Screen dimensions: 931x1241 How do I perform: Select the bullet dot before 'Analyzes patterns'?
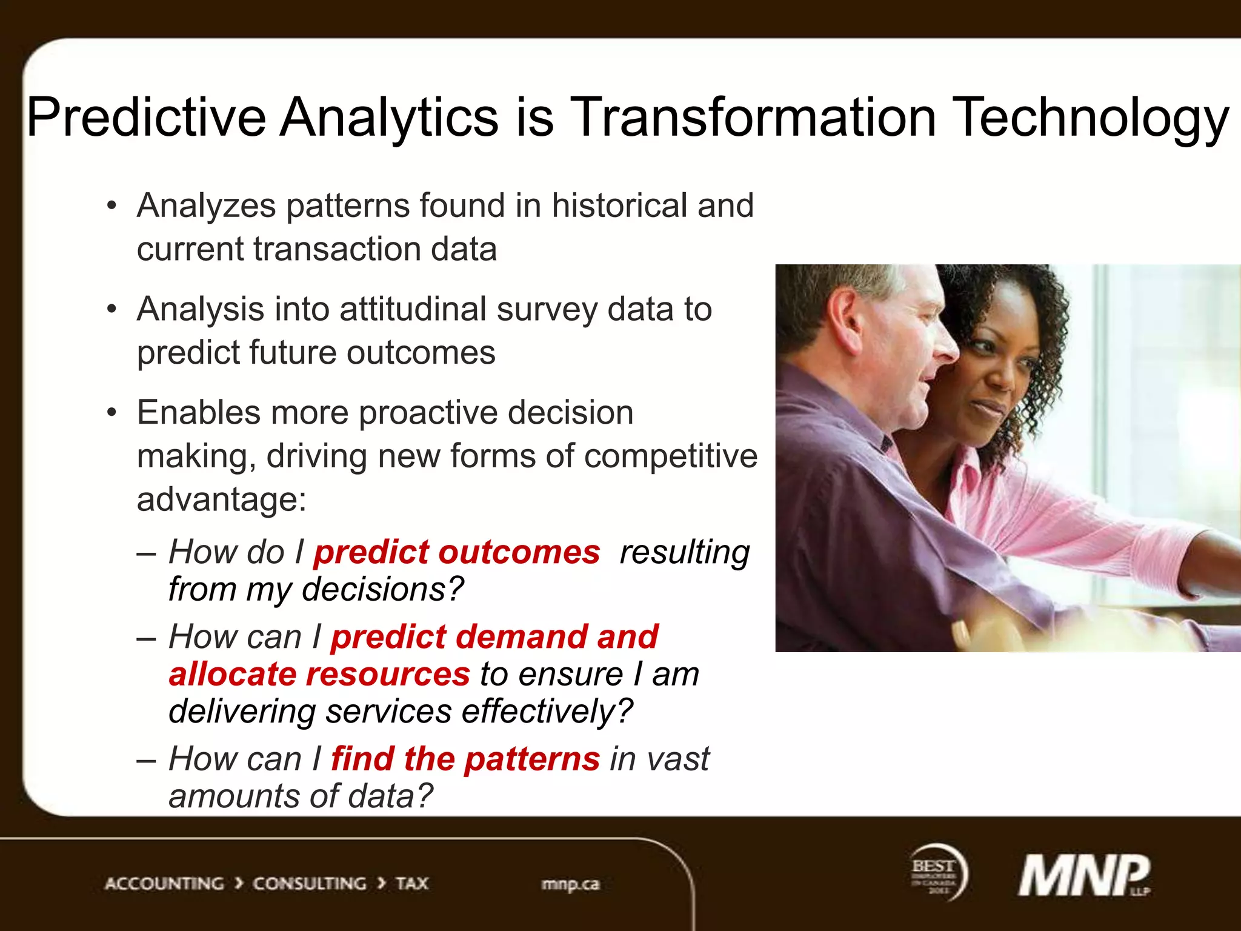pos(111,206)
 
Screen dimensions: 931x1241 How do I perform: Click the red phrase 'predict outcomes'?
pos(456,552)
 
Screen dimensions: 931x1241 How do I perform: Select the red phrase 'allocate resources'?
pos(319,674)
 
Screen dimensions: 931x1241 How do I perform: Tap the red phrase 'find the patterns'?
pos(465,759)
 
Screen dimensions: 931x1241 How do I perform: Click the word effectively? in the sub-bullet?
pos(547,711)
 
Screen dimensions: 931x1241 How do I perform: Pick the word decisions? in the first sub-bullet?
pos(382,589)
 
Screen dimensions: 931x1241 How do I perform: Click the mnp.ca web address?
pos(570,884)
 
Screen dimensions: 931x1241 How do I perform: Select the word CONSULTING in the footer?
pos(309,884)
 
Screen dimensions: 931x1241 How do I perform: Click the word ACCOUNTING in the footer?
pos(164,884)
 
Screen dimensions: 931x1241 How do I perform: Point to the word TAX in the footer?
pos(412,884)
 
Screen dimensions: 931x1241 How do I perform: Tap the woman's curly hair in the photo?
pos(1030,315)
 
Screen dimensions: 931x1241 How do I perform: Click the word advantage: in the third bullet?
pos(222,500)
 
